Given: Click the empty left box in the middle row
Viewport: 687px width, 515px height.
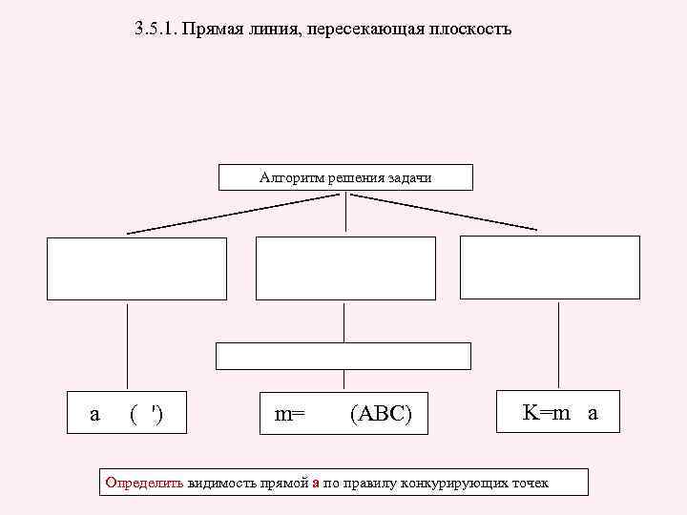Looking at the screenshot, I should [x=137, y=268].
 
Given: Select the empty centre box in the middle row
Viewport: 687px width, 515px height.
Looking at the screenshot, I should [x=345, y=268].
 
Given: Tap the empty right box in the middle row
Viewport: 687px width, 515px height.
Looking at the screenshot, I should [x=550, y=267].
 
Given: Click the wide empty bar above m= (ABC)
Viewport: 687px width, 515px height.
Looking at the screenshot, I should [x=343, y=356].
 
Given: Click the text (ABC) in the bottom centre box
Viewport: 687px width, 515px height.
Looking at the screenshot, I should [x=382, y=415].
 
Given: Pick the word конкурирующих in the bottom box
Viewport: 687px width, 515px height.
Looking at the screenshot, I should [x=457, y=483].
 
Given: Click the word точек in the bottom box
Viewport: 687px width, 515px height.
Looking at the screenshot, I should [x=531, y=483].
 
